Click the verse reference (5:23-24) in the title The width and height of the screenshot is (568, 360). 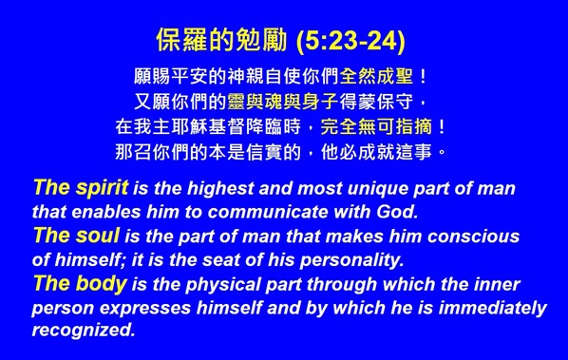click(x=350, y=41)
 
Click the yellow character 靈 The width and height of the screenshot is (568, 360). click(x=237, y=102)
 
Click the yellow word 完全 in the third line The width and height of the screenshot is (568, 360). click(x=340, y=126)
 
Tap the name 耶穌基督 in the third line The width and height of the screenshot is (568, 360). click(x=217, y=126)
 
